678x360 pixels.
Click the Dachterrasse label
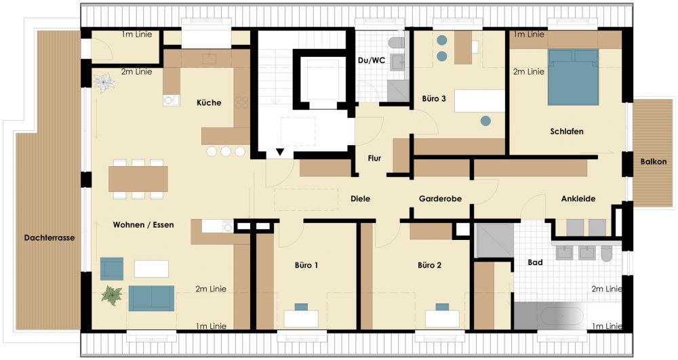(49, 238)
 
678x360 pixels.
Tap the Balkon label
(654, 161)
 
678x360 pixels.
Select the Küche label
(209, 102)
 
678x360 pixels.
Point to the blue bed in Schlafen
(574, 77)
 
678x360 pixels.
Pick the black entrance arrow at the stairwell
(280, 152)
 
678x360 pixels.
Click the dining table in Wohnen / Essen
(138, 179)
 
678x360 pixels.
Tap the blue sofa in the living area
(151, 298)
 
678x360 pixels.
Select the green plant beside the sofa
(112, 296)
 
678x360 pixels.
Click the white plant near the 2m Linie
(104, 82)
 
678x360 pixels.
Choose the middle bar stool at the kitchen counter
(226, 151)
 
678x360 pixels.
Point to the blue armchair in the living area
(112, 268)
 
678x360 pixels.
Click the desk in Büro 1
(301, 319)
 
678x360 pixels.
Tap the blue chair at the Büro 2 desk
(442, 307)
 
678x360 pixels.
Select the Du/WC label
(371, 60)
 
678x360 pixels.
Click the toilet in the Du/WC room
(396, 43)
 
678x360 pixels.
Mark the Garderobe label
(440, 199)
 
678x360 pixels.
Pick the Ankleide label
(578, 199)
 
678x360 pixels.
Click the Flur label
(374, 158)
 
